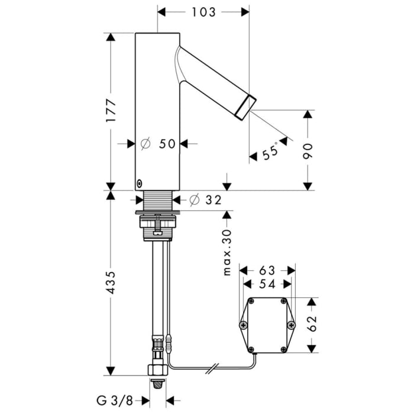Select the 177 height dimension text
coord(111,111)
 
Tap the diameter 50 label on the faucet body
coord(159,143)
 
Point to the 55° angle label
coord(270,153)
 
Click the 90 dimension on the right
coord(308,150)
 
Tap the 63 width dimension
coord(267,271)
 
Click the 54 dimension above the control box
coord(267,284)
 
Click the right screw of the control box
coord(290,325)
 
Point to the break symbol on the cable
coord(214,370)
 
